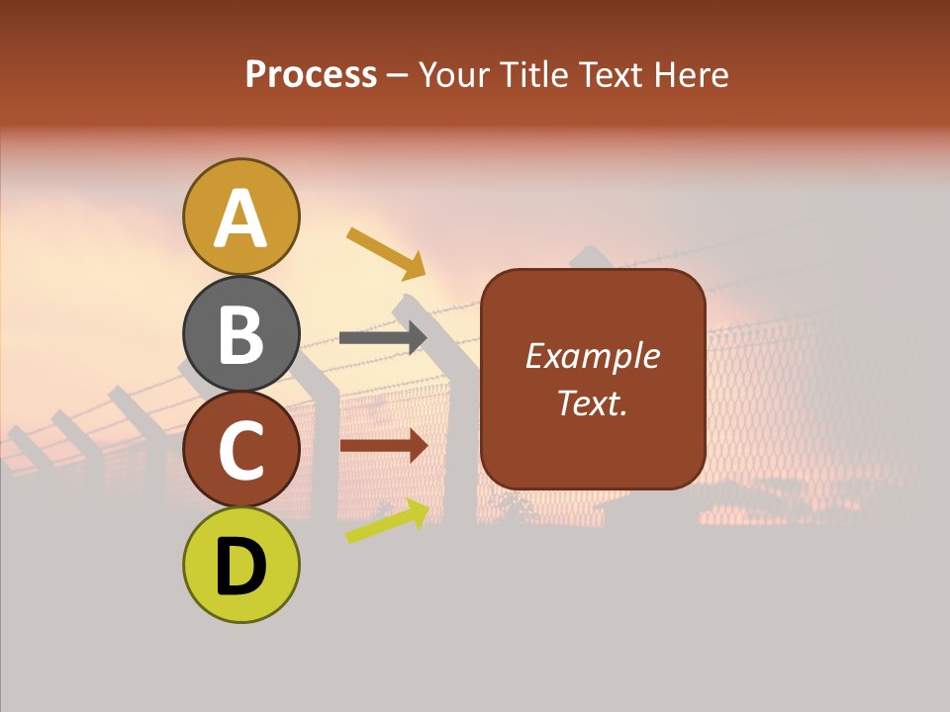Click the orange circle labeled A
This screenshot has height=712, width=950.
240,217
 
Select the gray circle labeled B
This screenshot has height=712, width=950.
240,333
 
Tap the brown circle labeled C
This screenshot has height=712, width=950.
240,450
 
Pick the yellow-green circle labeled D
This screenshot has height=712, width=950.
240,566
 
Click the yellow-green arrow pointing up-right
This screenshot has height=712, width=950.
387,521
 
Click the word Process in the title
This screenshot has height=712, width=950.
311,75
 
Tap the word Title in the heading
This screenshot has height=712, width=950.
533,75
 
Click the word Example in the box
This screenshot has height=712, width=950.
592,356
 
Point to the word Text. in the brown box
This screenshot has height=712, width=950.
592,402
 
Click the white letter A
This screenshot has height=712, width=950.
240,219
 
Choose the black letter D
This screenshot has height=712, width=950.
240,568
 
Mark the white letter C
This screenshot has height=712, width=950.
240,451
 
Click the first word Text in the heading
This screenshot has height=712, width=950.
608,75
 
